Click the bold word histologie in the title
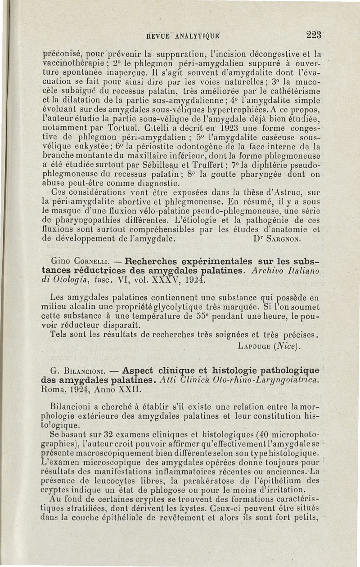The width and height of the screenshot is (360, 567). (241, 371)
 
